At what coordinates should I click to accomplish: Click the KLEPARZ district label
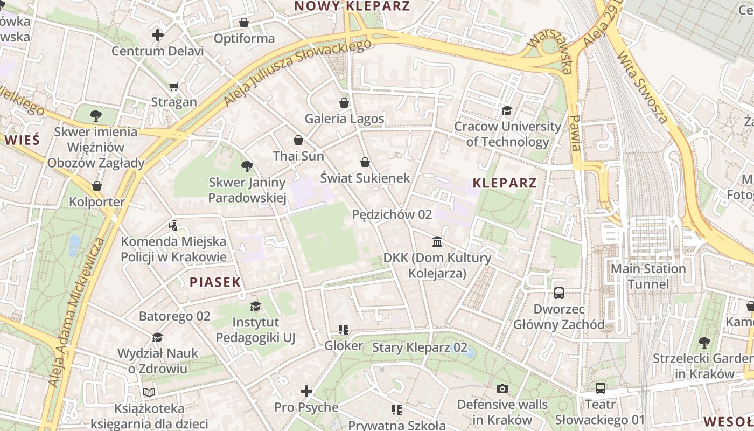point(505,183)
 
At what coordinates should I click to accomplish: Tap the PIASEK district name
point(215,282)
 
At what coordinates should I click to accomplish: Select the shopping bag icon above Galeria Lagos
point(344,103)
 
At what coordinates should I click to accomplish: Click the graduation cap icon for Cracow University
point(507,111)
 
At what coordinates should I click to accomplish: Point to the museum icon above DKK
point(437,241)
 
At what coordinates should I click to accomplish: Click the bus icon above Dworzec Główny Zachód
point(559,293)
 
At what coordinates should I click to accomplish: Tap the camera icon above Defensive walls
point(502,388)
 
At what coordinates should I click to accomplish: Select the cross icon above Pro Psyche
point(306,391)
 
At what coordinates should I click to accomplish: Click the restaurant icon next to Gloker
point(344,330)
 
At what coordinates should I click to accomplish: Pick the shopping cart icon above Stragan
point(173,86)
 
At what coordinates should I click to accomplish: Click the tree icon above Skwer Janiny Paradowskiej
point(247,166)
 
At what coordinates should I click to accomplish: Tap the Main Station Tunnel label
point(648,276)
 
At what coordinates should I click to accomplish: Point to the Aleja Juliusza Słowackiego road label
point(297,72)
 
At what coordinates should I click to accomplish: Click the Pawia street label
point(576,133)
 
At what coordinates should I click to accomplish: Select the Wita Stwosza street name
point(642,87)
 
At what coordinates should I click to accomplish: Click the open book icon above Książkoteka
point(149,393)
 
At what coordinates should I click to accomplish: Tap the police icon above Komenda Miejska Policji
point(173,225)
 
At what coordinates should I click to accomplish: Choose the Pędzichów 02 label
point(392,214)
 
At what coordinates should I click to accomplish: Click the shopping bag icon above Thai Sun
point(298,141)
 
